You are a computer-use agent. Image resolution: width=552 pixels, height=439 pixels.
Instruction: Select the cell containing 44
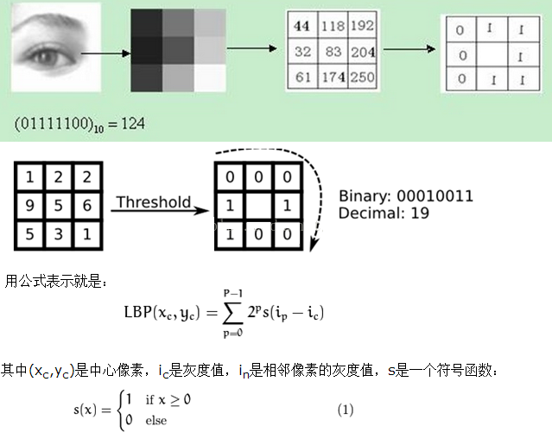point(302,27)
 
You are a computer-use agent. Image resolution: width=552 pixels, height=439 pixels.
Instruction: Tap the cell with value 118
point(333,27)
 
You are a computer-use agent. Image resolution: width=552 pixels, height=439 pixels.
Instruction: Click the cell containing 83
point(333,51)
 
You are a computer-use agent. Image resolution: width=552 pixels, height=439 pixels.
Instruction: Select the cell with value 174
point(333,77)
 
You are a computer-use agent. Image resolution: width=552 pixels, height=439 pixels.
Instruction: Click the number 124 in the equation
point(132,124)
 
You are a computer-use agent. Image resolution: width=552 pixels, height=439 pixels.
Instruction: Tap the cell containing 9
point(29,207)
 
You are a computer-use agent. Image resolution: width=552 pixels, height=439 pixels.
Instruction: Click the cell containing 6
point(86,207)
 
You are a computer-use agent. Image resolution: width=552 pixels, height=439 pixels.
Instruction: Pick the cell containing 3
point(57,235)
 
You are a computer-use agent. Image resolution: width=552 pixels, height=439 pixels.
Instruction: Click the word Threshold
point(153,202)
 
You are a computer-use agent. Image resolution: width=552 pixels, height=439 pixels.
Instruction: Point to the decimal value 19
point(420,213)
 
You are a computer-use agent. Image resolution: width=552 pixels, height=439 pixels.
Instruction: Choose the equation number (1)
point(346,410)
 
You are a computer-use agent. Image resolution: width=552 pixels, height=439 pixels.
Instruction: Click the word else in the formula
point(155,421)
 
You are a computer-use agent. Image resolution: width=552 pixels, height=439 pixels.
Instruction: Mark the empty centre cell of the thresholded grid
point(257,207)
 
